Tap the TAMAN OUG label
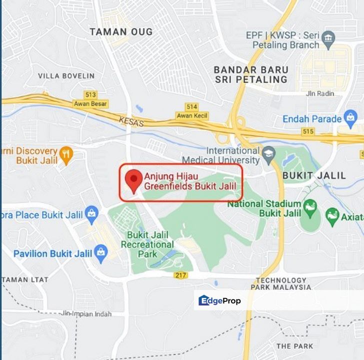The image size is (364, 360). (x=121, y=31)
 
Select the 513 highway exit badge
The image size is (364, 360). (x=90, y=94)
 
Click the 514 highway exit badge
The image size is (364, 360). (x=191, y=106)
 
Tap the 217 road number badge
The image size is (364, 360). (x=181, y=275)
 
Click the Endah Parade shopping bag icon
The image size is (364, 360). (x=350, y=118)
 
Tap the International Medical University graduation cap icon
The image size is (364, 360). (x=269, y=154)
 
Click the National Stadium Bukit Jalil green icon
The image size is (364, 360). (x=310, y=206)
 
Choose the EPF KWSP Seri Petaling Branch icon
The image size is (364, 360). (x=328, y=37)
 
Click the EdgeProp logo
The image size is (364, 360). (x=220, y=300)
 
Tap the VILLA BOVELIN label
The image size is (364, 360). (x=66, y=76)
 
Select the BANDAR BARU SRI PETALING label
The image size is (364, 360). (x=251, y=74)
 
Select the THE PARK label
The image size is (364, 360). (x=294, y=346)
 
